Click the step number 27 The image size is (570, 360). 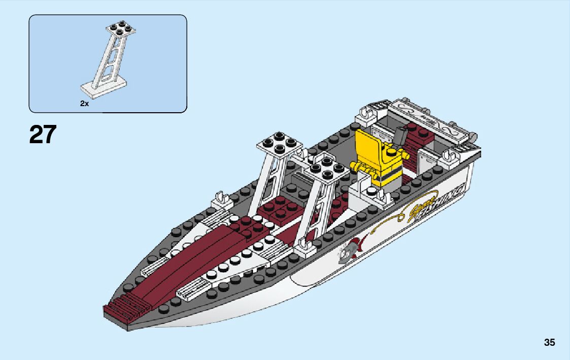[43, 135]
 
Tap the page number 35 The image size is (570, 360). [549, 342]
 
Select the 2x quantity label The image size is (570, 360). [84, 103]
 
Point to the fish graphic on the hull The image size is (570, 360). [350, 249]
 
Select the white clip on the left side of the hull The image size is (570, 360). [220, 199]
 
